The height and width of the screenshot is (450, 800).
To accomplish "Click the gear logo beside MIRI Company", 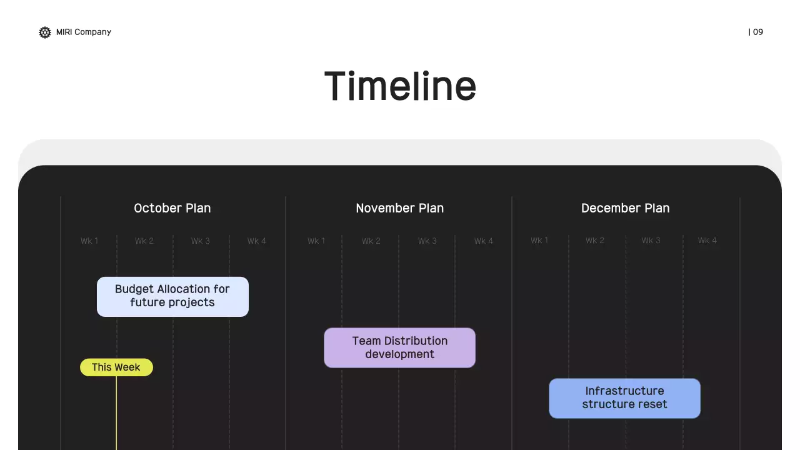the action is click(45, 32).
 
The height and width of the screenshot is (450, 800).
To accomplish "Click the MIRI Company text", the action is click(84, 32).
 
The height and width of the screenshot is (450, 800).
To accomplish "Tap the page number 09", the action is click(758, 32).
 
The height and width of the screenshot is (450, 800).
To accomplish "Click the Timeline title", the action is click(400, 86).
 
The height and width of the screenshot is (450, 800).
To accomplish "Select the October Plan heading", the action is click(172, 208).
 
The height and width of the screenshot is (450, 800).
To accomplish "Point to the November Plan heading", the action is click(399, 208).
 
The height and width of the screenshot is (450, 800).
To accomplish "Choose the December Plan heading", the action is click(626, 208).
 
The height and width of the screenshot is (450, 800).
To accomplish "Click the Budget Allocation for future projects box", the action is click(172, 297).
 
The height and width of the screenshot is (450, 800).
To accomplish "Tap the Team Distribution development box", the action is click(399, 348).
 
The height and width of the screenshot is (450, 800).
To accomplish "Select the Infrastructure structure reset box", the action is click(624, 399).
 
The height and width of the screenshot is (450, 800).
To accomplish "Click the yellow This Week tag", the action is click(116, 367).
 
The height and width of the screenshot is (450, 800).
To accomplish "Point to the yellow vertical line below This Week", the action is click(116, 413).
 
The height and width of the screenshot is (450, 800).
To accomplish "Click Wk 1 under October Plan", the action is click(89, 241).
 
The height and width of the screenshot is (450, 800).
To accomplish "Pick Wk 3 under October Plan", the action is click(201, 241).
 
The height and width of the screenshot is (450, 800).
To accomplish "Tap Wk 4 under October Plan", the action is click(256, 241).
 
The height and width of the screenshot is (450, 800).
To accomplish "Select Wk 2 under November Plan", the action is click(371, 241).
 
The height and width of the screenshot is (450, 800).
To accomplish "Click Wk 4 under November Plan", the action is click(484, 241).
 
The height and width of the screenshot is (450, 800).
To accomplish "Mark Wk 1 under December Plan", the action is click(539, 241).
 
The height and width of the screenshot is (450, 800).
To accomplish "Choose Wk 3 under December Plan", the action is click(651, 241).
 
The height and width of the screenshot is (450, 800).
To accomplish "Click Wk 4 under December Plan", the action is click(707, 241).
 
